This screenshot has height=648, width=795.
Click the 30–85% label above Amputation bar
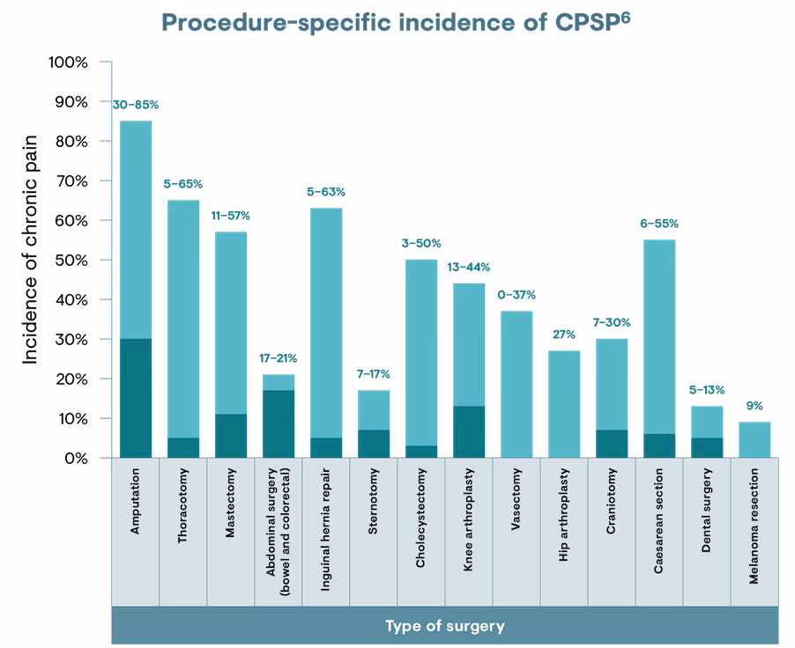coord(136,104)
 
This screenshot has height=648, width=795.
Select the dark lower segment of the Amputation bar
coord(136,398)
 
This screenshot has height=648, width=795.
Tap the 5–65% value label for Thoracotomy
coord(183,184)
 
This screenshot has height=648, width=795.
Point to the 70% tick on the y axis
coord(70,180)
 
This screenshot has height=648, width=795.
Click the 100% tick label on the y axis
coord(67,63)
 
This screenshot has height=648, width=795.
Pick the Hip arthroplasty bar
coord(564,404)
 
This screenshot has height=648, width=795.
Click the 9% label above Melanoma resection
coord(754,406)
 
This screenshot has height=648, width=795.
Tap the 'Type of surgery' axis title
coord(444,626)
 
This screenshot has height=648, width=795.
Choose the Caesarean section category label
coord(659,533)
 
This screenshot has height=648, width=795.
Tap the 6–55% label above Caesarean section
coord(659,224)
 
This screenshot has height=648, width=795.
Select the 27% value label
coord(564,335)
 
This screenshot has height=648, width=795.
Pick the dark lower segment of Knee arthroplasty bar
coord(469,432)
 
